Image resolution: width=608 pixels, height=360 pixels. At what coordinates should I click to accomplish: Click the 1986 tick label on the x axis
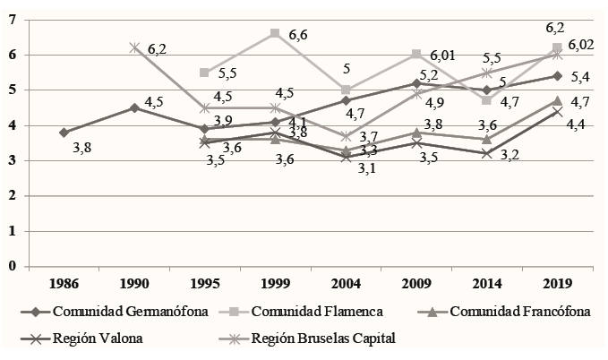pos(64,285)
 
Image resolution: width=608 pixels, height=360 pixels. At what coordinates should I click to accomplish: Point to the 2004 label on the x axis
pos(346,285)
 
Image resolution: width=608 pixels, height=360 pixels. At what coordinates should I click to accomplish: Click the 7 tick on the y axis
pos(13,20)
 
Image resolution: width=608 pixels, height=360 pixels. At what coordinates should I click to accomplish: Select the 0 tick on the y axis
pos(13,266)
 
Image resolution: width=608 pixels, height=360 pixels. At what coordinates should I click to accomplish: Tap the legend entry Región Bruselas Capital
pos(325,338)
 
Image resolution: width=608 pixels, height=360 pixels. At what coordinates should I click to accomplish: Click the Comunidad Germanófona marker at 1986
pos(64,133)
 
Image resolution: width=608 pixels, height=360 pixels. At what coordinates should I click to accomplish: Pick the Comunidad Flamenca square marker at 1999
pos(275,34)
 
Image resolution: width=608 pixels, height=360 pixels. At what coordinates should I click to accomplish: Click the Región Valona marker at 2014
pos(486,153)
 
